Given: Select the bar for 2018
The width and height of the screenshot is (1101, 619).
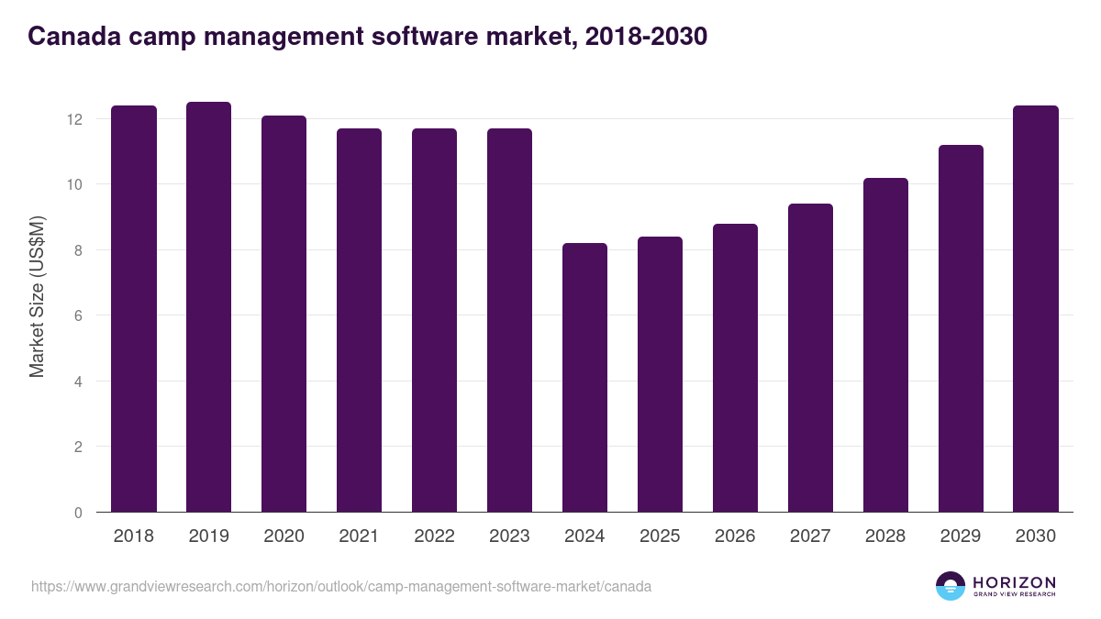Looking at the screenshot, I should click(x=134, y=309).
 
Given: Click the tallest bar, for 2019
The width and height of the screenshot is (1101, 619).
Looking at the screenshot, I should click(x=209, y=307).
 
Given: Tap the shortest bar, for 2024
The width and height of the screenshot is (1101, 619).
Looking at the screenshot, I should click(x=585, y=378).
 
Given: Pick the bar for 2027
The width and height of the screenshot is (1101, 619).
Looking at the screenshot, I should click(x=811, y=358).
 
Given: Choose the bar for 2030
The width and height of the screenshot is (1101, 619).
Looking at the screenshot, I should click(x=1036, y=309).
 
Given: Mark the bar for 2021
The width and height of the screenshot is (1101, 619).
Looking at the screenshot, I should click(x=360, y=320).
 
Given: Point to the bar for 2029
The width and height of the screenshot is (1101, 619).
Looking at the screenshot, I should click(x=961, y=328).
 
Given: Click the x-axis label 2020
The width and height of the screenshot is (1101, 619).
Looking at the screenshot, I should click(x=284, y=536).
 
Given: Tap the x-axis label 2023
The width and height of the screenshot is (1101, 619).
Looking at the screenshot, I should click(x=509, y=536).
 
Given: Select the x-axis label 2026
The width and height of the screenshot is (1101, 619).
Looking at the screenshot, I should click(x=735, y=536).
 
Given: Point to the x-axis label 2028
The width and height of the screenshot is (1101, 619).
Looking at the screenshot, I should click(x=885, y=536).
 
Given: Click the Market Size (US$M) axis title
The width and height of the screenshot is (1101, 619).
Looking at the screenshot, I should click(x=37, y=296).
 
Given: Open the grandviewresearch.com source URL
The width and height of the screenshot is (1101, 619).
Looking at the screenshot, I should click(x=341, y=586).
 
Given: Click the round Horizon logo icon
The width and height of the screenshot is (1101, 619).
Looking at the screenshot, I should click(x=951, y=586).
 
